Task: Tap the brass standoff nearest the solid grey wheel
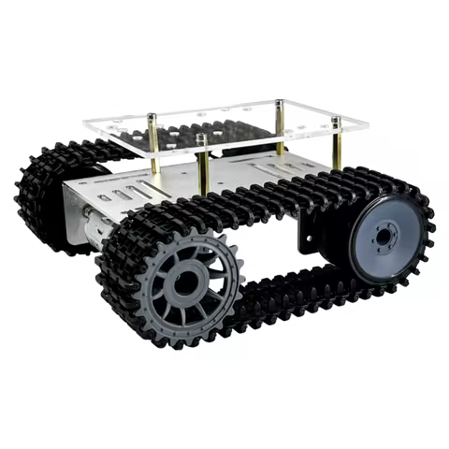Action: click(335, 150)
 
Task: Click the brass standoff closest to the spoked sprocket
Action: click(201, 168)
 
